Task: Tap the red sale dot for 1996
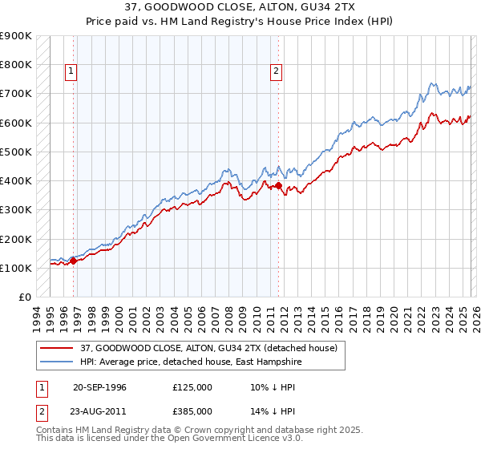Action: pyautogui.click(x=74, y=261)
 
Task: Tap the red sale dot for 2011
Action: pyautogui.click(x=278, y=186)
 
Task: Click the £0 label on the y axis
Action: pyautogui.click(x=24, y=297)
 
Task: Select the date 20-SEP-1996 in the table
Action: pyautogui.click(x=99, y=386)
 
